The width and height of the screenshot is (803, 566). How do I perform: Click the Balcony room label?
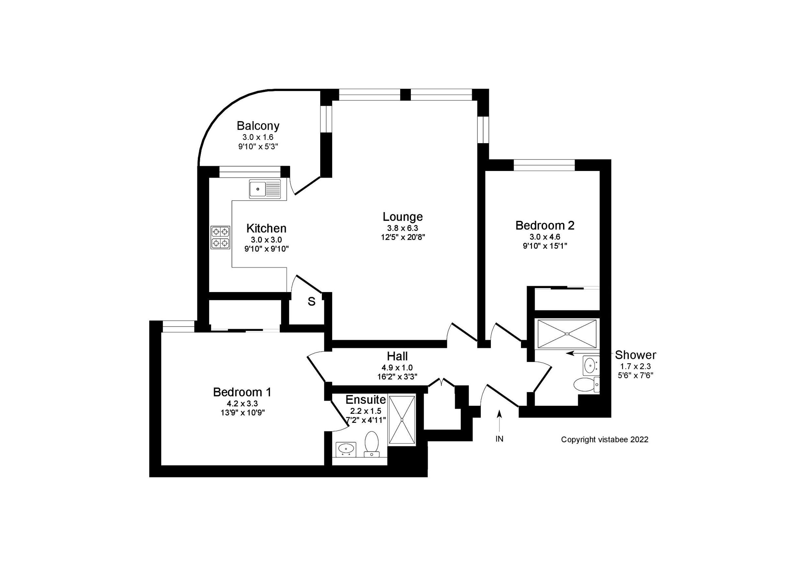pos(258,125)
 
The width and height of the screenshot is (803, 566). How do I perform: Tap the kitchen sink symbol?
pos(265,189)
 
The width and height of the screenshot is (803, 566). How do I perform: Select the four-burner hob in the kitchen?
pos(220,238)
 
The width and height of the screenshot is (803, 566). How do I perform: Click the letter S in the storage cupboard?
pos(311,302)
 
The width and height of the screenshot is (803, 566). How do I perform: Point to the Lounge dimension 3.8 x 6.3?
pos(403,228)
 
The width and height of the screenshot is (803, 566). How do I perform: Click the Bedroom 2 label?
pos(545,225)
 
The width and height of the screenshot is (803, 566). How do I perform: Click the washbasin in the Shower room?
pos(590,366)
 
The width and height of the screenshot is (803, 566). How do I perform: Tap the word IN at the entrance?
pos(499,439)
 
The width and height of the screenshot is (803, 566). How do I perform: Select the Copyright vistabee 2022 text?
pos(604,440)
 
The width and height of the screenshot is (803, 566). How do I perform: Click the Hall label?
pos(397,356)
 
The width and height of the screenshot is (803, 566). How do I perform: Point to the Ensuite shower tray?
pos(402,419)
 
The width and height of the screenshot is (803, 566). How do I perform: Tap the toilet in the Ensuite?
pos(371,444)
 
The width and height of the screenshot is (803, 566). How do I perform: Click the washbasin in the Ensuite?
pos(346,449)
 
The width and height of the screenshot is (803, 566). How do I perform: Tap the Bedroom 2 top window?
pos(544,165)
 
